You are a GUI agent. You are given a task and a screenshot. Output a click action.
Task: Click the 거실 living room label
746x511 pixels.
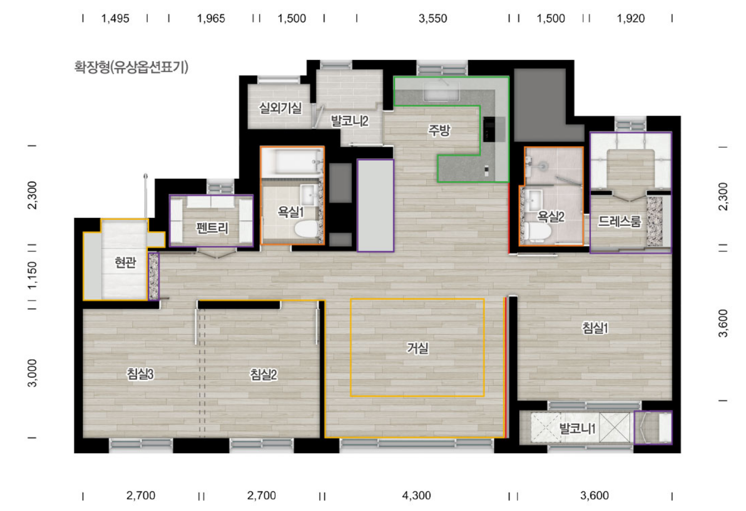coord(417,348)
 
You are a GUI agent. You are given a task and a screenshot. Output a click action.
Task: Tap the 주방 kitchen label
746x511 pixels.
coord(439,130)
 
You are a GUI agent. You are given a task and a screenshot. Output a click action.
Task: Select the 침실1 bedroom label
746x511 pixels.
coord(595,328)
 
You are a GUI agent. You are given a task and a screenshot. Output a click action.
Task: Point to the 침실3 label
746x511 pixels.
coord(140,374)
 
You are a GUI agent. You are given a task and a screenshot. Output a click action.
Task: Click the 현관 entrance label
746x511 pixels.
coord(125,263)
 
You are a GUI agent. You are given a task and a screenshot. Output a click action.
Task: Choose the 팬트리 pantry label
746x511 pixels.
coord(212,228)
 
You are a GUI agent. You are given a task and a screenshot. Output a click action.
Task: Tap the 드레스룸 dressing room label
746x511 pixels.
coord(619,221)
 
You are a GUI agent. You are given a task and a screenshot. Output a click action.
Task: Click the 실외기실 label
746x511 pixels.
coord(280,108)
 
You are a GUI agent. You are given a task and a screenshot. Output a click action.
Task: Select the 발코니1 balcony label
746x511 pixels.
coord(577,428)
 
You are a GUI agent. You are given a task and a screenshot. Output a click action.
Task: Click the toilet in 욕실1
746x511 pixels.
coord(306,229)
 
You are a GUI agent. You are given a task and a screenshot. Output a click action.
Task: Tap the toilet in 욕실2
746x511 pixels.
coord(537,231)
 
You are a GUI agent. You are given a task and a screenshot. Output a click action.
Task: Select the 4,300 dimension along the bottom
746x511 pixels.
coord(416,495)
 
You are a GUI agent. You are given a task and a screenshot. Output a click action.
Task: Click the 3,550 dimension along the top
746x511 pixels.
coord(432,19)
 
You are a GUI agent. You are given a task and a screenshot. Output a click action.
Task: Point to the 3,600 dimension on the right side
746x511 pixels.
coord(723,323)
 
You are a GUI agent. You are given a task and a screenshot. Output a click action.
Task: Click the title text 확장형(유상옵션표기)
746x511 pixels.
coord(131,67)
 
